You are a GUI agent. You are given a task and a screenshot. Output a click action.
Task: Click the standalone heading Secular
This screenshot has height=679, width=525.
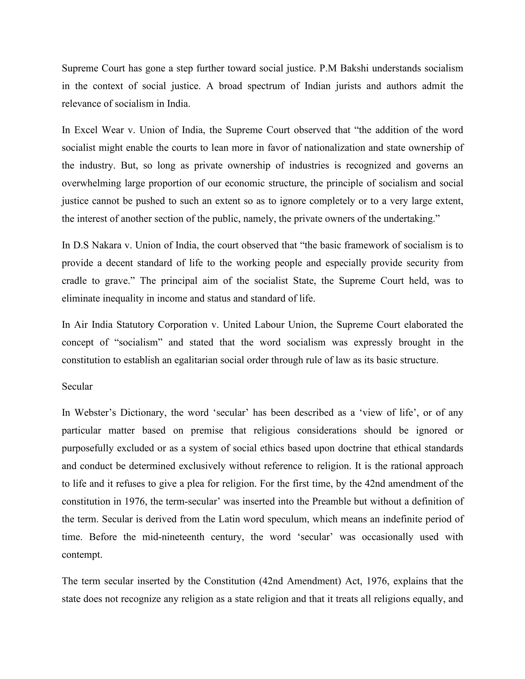(77, 386)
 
